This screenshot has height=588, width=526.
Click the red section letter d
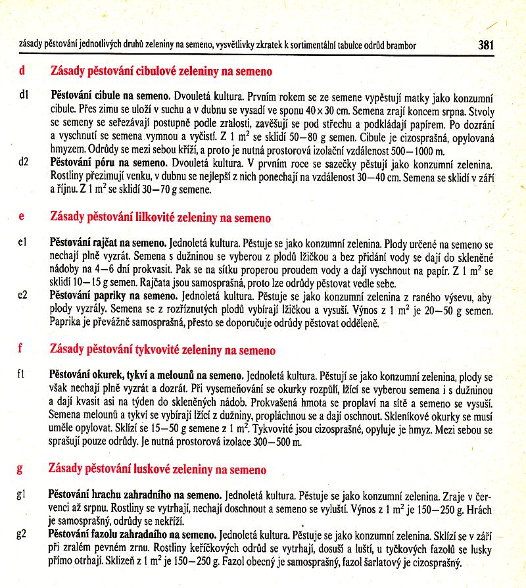22,70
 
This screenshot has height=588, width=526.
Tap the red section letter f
22,350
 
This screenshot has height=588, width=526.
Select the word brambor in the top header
398,45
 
